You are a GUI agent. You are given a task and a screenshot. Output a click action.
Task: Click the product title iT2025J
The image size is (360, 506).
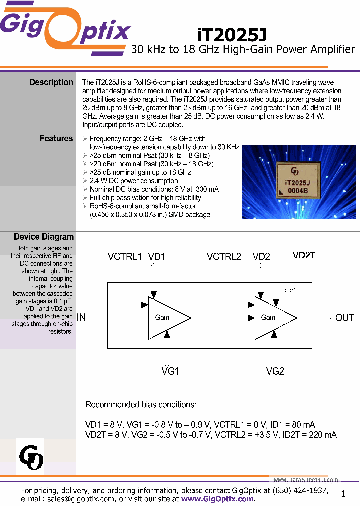point(232,34)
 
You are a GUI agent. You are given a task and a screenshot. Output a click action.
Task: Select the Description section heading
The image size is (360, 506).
point(51,82)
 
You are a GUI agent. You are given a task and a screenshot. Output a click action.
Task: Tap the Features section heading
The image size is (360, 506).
point(56,138)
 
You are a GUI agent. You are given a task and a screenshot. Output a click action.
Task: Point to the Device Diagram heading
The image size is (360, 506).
point(44,237)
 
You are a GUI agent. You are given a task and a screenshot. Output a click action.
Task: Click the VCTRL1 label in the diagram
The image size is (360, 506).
point(125,257)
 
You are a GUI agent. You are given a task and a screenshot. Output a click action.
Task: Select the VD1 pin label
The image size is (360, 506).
point(156,257)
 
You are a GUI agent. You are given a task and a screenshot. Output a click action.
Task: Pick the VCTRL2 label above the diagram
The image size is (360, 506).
point(224,257)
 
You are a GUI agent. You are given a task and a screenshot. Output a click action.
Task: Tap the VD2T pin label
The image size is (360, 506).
point(304,255)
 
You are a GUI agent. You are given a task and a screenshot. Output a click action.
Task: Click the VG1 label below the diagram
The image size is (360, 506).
point(170,371)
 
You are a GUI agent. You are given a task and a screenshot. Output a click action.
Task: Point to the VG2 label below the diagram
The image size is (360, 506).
point(275,371)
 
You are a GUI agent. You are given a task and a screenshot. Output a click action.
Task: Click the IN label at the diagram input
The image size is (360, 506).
point(81,317)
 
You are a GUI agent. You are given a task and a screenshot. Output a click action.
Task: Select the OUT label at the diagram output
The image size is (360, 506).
point(344,318)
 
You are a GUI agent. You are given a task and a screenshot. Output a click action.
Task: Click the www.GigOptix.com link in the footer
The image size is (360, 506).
point(217,499)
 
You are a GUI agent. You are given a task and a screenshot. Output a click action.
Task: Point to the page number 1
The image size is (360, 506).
point(343,494)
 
